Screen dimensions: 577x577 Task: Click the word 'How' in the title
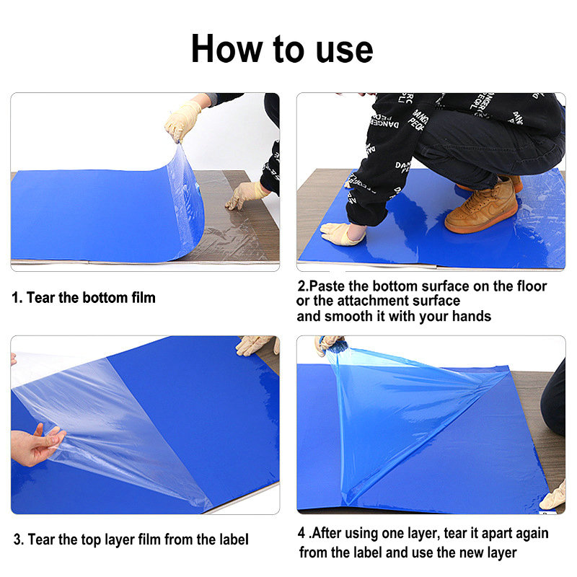224,49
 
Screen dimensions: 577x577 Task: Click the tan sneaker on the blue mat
482,206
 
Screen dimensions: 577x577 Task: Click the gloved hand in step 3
254,345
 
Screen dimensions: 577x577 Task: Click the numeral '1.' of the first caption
17,298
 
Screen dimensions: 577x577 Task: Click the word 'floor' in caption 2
529,286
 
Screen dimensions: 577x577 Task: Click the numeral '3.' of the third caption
18,539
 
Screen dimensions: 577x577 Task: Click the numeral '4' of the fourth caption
302,534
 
